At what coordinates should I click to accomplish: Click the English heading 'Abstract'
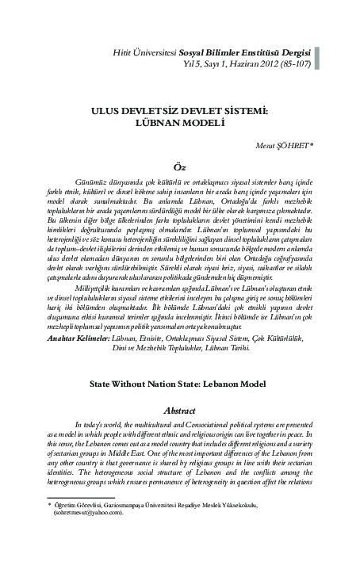pos(179,411)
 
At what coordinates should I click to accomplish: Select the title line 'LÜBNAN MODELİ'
pos(179,125)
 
